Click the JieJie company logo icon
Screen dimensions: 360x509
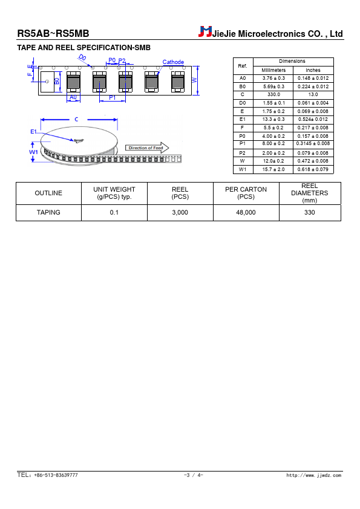[x=205, y=31]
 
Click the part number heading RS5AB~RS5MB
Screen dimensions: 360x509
[x=53, y=33]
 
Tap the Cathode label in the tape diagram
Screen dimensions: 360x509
[x=173, y=62]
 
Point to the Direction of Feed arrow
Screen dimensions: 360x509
[x=147, y=148]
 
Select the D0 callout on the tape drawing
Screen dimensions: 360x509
[x=82, y=58]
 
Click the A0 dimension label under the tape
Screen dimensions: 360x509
[x=73, y=97]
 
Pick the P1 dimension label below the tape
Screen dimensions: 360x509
[x=112, y=97]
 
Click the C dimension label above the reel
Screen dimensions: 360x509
[x=76, y=120]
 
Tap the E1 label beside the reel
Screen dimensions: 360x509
[x=33, y=131]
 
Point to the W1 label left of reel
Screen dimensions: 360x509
[x=33, y=152]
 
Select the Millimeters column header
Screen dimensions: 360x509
[x=273, y=70]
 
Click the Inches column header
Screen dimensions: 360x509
[x=313, y=70]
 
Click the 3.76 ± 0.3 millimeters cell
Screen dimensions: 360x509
[x=273, y=78]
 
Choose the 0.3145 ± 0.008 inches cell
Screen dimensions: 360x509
[x=313, y=143]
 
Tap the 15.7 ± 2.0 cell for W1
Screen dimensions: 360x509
[x=273, y=169]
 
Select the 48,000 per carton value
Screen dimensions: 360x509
[x=246, y=212]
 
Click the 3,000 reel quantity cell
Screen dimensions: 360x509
[x=180, y=212]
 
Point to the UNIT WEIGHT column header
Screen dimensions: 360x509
[x=114, y=193]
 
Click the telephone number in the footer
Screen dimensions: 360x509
[x=47, y=475]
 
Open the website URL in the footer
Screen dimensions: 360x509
[x=314, y=475]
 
